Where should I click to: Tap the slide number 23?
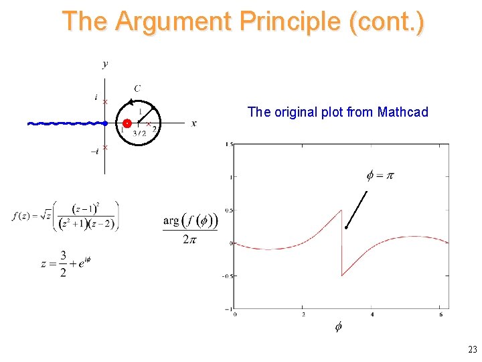473,349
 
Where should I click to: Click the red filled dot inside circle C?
127,123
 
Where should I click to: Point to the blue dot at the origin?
105,123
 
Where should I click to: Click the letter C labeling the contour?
137,88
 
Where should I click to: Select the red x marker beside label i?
105,101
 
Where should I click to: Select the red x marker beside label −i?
105,147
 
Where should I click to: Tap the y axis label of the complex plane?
105,64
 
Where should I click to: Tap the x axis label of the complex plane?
194,123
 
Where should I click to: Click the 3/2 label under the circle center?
139,133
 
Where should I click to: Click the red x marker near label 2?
148,124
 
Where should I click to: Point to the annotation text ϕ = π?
380,176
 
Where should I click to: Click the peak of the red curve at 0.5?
341,210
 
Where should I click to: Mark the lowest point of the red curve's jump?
342,276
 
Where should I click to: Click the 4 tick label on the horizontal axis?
372,314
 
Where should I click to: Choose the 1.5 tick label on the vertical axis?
229,144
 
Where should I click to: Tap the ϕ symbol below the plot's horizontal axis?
338,326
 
